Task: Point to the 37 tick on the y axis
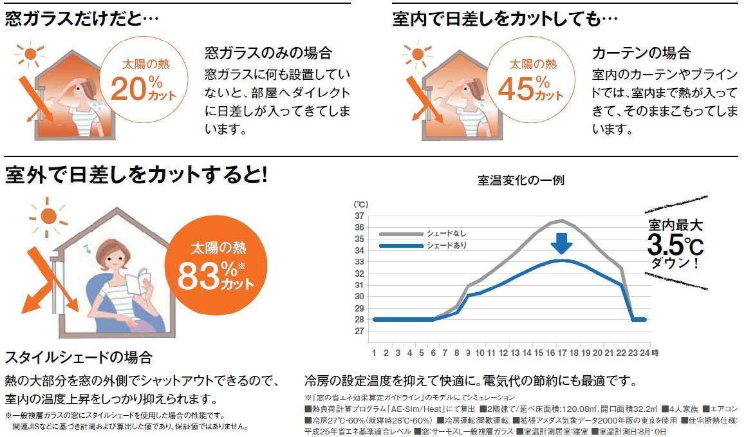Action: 360,216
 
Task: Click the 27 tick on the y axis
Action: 360,331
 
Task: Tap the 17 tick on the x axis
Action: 562,353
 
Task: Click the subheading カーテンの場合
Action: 640,52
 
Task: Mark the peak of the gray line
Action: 562,221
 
